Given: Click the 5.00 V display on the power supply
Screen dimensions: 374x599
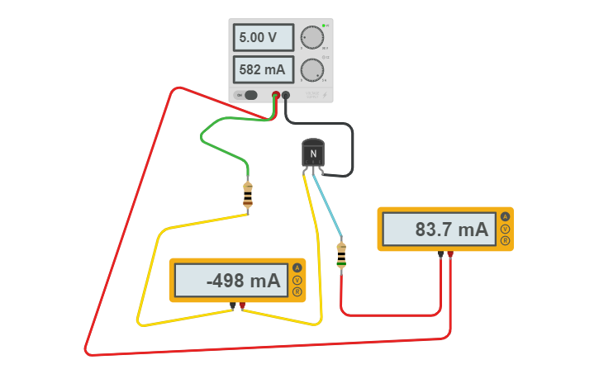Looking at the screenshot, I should tap(263, 37).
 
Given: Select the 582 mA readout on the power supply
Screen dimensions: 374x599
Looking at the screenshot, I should tap(263, 70).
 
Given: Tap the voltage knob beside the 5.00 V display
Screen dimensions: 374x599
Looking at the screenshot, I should tap(311, 37).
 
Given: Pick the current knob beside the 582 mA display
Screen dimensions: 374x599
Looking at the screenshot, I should tap(311, 70).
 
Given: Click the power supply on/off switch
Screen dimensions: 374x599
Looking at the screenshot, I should tap(250, 95).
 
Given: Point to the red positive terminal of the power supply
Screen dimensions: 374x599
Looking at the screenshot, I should tap(276, 95).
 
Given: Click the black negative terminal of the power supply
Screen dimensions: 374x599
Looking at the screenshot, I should tap(286, 95).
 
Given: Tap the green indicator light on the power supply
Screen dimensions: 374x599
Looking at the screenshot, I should tap(324, 26).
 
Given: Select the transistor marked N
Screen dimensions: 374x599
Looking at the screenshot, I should tap(312, 154).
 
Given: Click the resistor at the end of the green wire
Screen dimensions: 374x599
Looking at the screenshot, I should tap(248, 196).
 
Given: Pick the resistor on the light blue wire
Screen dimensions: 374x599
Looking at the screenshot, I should tap(341, 256).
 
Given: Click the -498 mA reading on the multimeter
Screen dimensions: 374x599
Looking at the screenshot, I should tap(231, 281).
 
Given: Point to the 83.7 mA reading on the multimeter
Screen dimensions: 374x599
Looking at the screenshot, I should tap(440, 230).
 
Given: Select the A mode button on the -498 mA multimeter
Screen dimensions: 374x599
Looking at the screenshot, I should tap(297, 267).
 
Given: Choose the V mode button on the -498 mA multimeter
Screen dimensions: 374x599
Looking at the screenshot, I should tap(297, 280).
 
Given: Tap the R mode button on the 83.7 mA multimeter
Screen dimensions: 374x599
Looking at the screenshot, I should tap(505, 241).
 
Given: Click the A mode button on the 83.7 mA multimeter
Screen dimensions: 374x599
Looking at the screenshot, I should tap(505, 216).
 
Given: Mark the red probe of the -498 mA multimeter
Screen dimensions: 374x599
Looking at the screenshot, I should tap(242, 306).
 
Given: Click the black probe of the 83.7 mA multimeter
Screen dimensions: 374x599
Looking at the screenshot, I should tap(441, 254).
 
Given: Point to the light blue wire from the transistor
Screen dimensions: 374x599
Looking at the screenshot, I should tap(329, 206).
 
